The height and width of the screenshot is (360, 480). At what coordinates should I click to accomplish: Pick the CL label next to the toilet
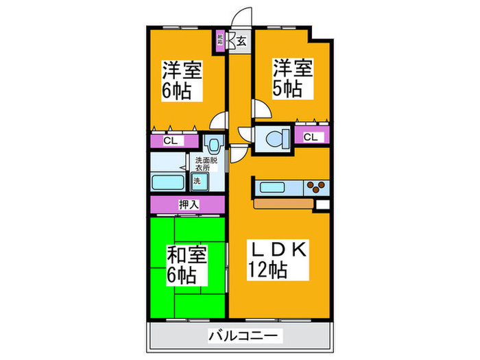click(311, 137)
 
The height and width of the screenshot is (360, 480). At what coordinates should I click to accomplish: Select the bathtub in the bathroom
click(168, 184)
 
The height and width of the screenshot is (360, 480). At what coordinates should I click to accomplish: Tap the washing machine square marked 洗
click(197, 182)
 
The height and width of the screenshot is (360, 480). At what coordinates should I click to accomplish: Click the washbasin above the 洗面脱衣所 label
click(213, 145)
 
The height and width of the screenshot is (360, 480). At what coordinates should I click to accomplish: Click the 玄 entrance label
click(241, 40)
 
